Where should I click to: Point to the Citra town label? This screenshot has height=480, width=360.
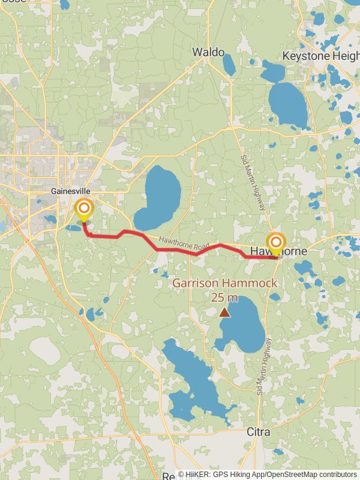[x=259, y=432]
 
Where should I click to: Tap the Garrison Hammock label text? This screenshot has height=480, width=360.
[x=225, y=283]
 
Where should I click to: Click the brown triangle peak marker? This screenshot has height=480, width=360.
[x=224, y=312]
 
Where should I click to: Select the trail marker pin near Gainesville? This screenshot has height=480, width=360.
[x=84, y=209]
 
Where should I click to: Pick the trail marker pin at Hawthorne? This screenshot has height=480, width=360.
[x=276, y=243]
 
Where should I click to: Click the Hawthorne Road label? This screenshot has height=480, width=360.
[x=184, y=243]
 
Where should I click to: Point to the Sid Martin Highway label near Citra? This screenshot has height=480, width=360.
[x=265, y=366]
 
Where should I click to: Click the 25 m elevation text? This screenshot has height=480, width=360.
[x=224, y=297]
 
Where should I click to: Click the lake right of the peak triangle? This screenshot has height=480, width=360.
[x=243, y=327]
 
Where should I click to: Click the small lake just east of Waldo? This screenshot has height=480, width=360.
[x=229, y=64]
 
